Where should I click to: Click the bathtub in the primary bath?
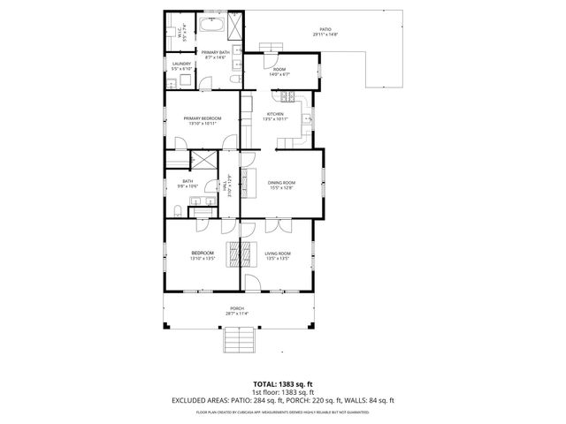213,24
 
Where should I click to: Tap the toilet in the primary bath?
233,79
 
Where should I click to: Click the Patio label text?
326,30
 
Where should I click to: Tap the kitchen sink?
308,116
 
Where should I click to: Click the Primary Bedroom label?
202,118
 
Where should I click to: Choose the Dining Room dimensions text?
280,188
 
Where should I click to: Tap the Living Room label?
278,254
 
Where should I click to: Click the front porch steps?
237,338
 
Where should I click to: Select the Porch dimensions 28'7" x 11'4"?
237,314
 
